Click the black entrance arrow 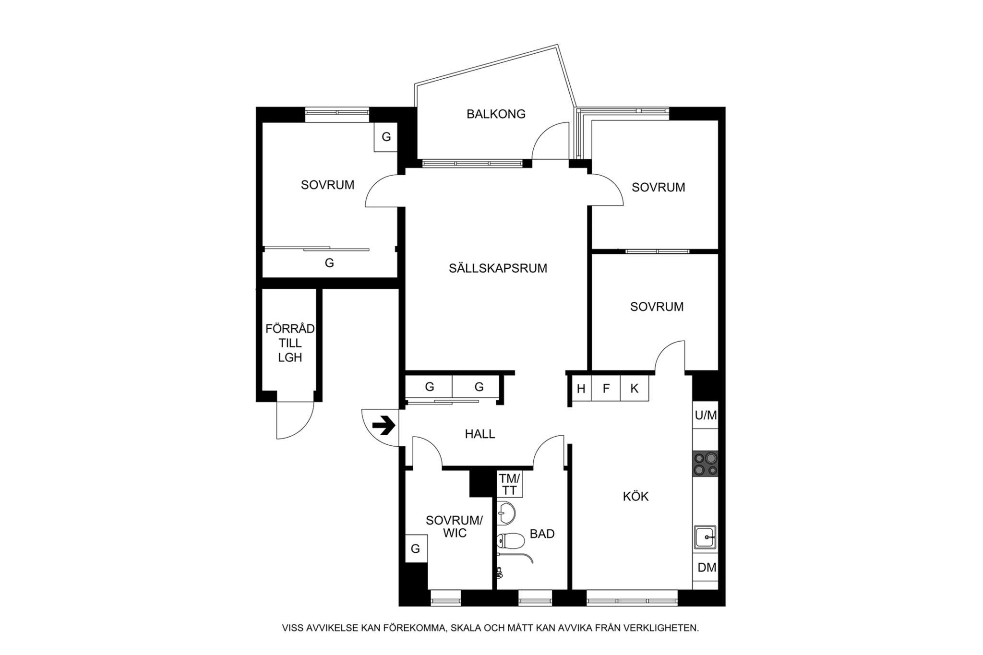click(x=384, y=426)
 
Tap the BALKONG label click(x=496, y=114)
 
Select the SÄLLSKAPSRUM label click(x=498, y=268)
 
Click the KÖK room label click(x=635, y=496)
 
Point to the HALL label click(x=480, y=434)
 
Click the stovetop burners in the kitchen click(x=705, y=464)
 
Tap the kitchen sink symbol click(x=705, y=537)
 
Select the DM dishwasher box click(x=706, y=568)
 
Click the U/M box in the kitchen click(x=706, y=415)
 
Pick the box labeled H click(x=581, y=388)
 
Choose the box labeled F click(x=606, y=388)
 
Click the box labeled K click(x=635, y=388)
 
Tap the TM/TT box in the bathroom click(x=509, y=484)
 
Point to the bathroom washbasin click(x=505, y=513)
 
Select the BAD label click(x=542, y=534)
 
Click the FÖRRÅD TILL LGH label click(x=290, y=343)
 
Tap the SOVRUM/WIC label click(x=455, y=527)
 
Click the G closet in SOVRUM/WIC click(x=416, y=548)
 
